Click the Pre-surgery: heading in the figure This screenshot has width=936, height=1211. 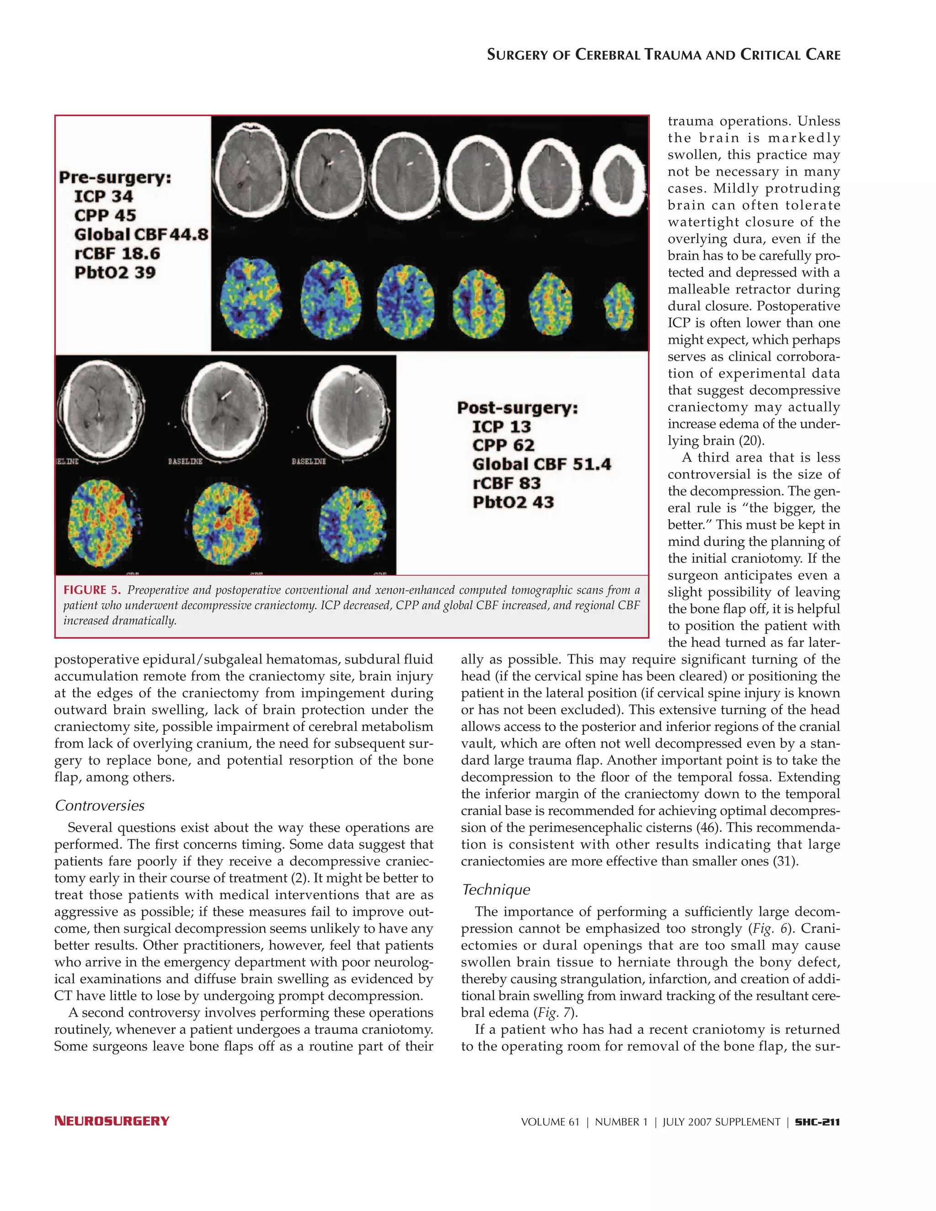click(115, 177)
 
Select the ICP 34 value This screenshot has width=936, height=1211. click(104, 197)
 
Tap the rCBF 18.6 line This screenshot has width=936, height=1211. click(117, 254)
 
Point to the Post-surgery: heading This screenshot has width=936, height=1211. click(517, 408)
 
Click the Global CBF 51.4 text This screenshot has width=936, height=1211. click(541, 464)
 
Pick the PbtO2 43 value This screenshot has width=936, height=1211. click(513, 502)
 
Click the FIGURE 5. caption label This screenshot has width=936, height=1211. click(91, 590)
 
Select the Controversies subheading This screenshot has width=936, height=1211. click(100, 806)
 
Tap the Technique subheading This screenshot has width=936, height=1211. click(496, 889)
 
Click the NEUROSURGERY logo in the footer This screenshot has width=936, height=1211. click(112, 1121)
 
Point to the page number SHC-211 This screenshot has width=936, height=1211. click(817, 1122)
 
